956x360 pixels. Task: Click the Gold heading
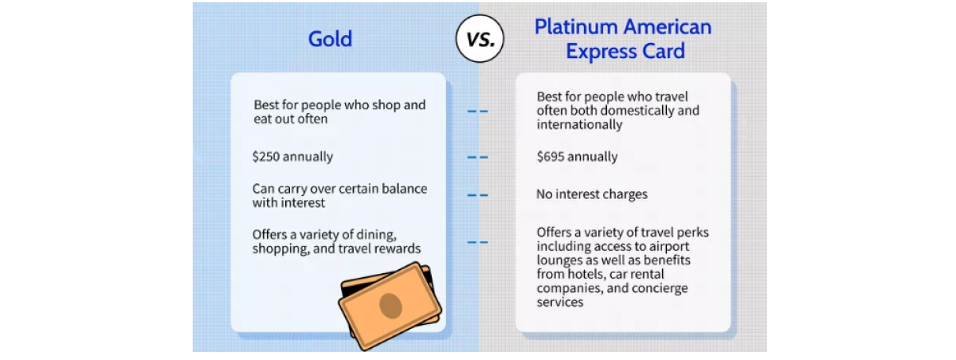(330, 39)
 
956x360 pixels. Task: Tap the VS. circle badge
(480, 39)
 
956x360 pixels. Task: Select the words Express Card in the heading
(625, 52)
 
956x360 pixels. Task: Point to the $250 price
(266, 157)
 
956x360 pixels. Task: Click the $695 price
(550, 157)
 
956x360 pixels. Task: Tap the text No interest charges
(592, 194)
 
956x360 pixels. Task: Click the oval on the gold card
(390, 306)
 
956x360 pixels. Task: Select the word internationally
(580, 124)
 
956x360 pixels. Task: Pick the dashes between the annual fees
(477, 158)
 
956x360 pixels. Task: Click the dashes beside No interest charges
(477, 195)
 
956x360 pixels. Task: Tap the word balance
(404, 189)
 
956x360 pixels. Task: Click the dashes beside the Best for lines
(477, 112)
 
